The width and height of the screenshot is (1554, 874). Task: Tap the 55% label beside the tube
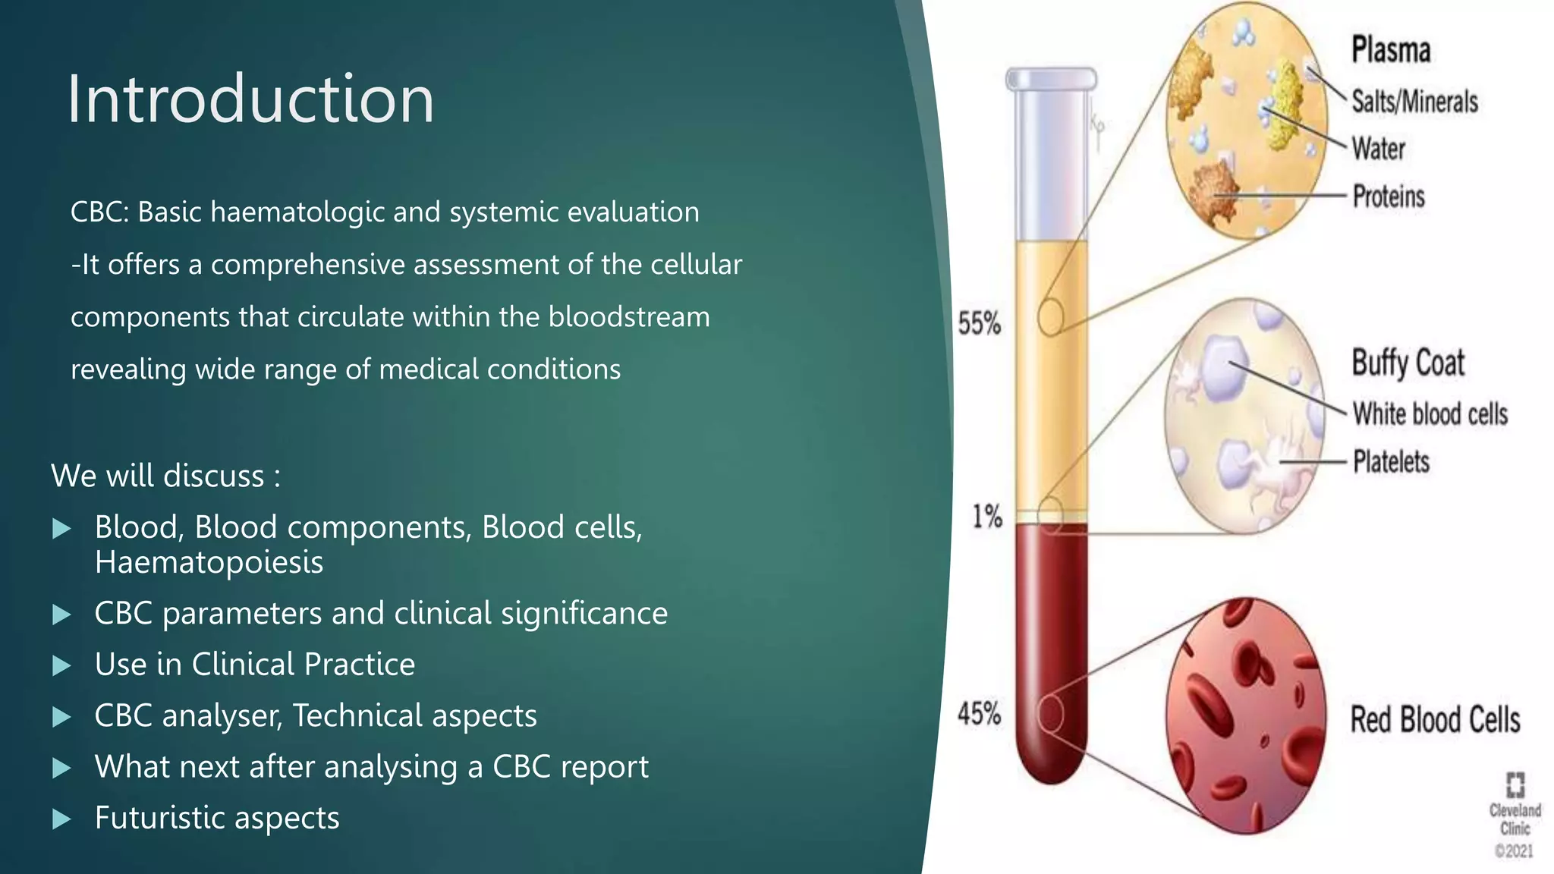pyautogui.click(x=979, y=324)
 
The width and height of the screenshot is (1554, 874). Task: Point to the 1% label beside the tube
pyautogui.click(x=987, y=517)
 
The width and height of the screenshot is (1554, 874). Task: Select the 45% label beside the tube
pyautogui.click(x=979, y=714)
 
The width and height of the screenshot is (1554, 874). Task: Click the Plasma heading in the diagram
pyautogui.click(x=1391, y=50)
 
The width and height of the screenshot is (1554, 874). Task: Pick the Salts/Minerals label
pyautogui.click(x=1414, y=102)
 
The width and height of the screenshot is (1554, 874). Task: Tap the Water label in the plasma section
pyautogui.click(x=1378, y=149)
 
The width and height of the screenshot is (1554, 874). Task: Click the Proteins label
pyautogui.click(x=1389, y=196)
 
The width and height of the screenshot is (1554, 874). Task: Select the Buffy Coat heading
pyautogui.click(x=1408, y=363)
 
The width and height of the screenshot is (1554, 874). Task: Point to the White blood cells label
pyautogui.click(x=1430, y=414)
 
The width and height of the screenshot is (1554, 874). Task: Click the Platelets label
pyautogui.click(x=1391, y=462)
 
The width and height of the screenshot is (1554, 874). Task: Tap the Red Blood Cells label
pyautogui.click(x=1435, y=719)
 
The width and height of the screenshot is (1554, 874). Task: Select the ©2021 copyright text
pyautogui.click(x=1514, y=851)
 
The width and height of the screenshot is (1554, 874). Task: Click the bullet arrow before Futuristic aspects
pyautogui.click(x=61, y=819)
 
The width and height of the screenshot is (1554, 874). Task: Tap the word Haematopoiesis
pyautogui.click(x=209, y=563)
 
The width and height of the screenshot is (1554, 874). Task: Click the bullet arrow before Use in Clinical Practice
pyautogui.click(x=61, y=666)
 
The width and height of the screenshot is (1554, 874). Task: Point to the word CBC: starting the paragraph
pyautogui.click(x=99, y=212)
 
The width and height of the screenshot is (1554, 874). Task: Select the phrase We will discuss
pyautogui.click(x=158, y=476)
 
